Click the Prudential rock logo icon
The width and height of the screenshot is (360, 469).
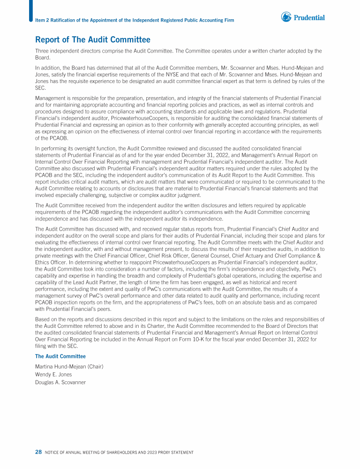point(286,17)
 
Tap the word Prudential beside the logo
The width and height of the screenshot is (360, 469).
point(309,18)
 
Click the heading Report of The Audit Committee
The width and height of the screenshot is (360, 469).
point(93,40)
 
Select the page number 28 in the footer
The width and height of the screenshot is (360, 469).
point(38,452)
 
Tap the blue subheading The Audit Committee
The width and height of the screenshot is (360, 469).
point(60,356)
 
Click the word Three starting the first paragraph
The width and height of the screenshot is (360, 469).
point(43,51)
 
